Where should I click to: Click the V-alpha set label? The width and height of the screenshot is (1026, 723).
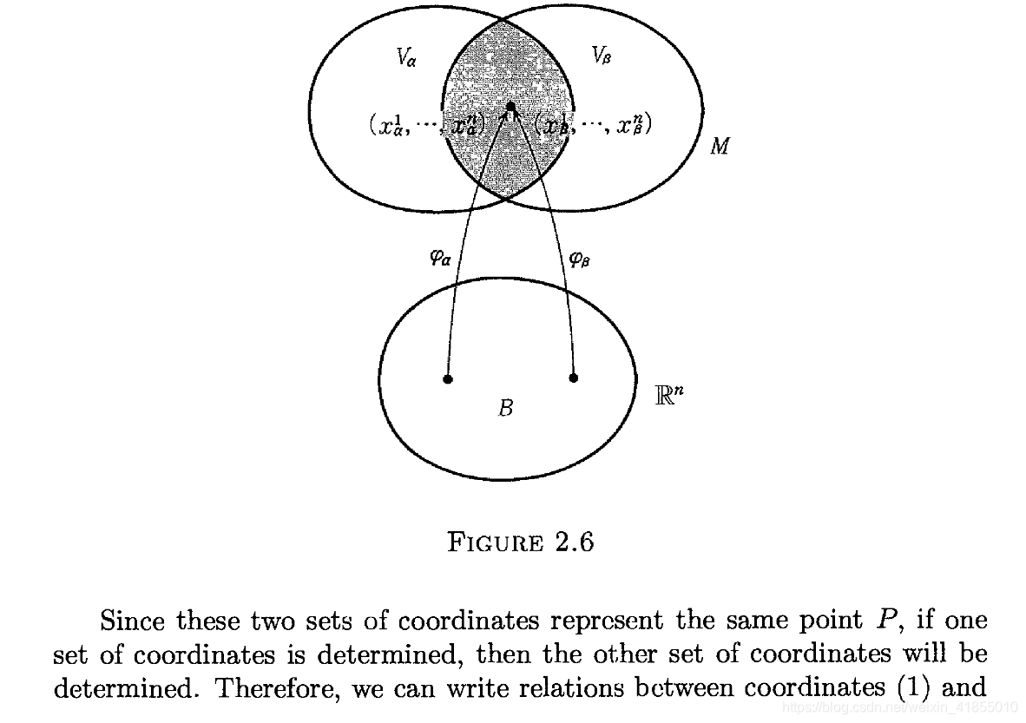405,58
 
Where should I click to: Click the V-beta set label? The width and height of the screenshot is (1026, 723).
601,56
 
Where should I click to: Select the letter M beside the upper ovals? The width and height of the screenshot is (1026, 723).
720,146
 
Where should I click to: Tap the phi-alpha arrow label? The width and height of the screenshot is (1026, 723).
440,258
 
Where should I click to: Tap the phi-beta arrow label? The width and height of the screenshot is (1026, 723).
580,258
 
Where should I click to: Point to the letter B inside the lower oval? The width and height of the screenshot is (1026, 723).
505,407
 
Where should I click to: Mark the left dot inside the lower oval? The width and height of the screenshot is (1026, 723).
448,379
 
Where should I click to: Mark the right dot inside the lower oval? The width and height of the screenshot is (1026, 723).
573,378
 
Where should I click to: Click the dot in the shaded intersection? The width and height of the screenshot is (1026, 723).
510,107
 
